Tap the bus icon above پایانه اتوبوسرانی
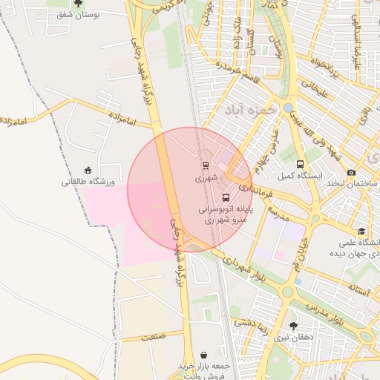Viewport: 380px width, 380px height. [x=226, y=197]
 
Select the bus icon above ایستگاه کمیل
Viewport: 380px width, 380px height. [x=300, y=164]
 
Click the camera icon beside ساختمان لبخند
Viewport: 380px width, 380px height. [x=351, y=173]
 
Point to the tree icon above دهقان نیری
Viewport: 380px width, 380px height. [x=293, y=326]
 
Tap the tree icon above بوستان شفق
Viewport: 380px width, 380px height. [x=79, y=3]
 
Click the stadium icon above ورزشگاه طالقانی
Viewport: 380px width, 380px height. [x=88, y=169]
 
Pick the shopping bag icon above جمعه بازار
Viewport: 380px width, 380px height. [x=204, y=355]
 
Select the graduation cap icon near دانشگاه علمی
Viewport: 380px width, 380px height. [x=361, y=232]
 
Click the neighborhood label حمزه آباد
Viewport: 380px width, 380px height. [x=249, y=110]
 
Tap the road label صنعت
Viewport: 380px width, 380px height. [x=152, y=336]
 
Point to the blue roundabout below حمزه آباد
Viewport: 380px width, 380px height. [x=288, y=108]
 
